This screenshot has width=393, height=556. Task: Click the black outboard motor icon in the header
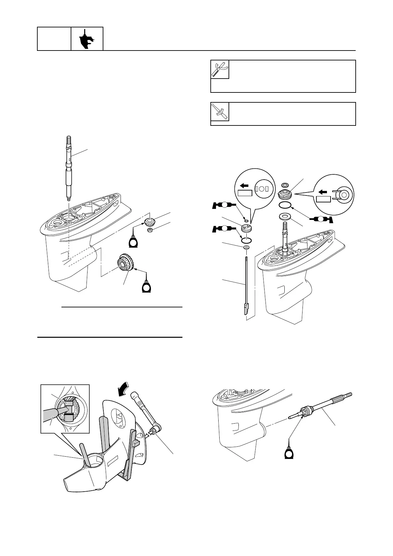87,39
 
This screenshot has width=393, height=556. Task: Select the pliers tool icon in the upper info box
220,69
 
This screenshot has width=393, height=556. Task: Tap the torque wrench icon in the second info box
220,112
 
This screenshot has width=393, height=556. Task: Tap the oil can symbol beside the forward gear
146,286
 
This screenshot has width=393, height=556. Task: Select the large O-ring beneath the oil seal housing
285,205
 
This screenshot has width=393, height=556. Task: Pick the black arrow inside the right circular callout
324,191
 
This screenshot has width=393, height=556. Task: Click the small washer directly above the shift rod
246,248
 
